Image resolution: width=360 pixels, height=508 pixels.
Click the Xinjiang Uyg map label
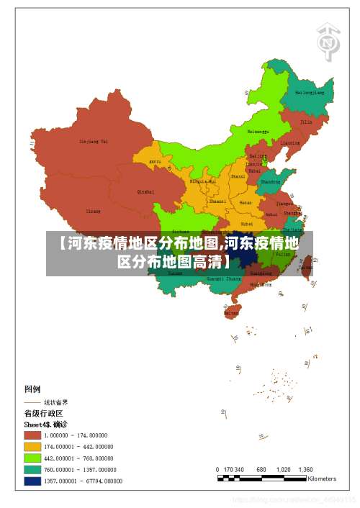(94, 142)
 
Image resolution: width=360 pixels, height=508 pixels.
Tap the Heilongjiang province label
(310, 93)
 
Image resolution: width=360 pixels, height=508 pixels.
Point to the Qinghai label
(145, 191)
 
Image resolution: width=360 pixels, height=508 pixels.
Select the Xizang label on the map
(94, 211)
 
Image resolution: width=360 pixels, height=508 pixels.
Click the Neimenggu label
(258, 132)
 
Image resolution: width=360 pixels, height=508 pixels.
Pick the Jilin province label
(306, 122)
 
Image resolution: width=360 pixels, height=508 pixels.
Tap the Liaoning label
(290, 142)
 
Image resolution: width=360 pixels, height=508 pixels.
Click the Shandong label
(270, 182)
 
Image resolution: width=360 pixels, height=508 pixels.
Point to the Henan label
(246, 203)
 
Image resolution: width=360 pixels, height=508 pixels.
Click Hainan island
(231, 312)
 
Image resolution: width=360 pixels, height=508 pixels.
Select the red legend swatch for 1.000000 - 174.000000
(32, 435)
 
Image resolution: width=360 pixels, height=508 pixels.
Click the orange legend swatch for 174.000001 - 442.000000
(32, 447)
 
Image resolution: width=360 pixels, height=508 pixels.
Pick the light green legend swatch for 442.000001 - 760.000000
(32, 458)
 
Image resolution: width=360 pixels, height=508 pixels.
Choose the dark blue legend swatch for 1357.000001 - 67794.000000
(32, 481)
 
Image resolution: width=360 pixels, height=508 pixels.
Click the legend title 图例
(34, 389)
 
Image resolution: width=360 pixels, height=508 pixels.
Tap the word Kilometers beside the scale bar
(322, 478)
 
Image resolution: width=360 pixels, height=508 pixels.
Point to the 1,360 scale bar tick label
(305, 469)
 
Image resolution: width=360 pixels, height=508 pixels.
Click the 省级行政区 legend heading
(44, 414)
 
